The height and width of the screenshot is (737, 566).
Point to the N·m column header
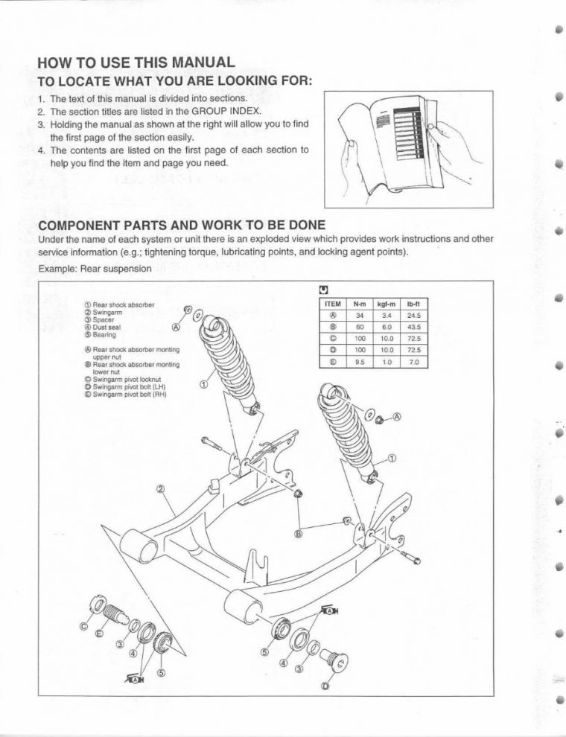click(x=360, y=304)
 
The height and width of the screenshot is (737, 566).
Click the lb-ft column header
click(x=414, y=304)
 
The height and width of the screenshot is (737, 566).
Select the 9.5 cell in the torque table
click(x=360, y=362)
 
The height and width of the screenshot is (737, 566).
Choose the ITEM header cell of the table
click(x=333, y=304)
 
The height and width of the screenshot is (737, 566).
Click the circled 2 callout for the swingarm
click(x=160, y=490)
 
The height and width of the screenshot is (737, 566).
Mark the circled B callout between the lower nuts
click(x=299, y=533)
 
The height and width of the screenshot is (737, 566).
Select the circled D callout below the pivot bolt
click(x=325, y=686)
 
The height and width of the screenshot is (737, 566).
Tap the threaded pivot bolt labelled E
click(x=113, y=615)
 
